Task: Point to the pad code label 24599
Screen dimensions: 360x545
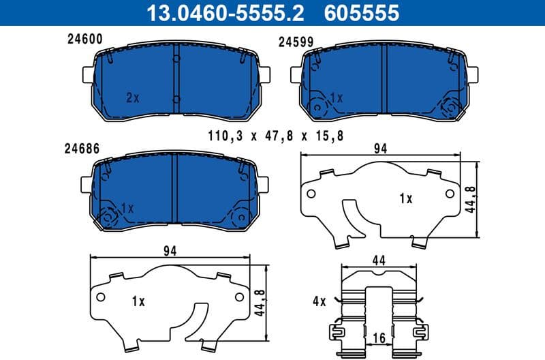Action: pos(296,42)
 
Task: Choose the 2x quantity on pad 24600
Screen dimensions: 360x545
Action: pos(132,97)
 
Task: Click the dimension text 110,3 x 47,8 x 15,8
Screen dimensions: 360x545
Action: pos(276,136)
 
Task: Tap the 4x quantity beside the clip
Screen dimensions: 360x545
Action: pos(320,301)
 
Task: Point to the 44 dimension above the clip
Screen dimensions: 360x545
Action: pos(379,260)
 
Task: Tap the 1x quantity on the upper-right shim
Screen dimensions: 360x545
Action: pos(406,198)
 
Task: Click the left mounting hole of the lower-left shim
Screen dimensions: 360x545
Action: pos(100,297)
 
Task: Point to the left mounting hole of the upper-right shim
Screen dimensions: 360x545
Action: pos(311,194)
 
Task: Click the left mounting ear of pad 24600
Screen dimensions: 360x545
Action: pos(87,73)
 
